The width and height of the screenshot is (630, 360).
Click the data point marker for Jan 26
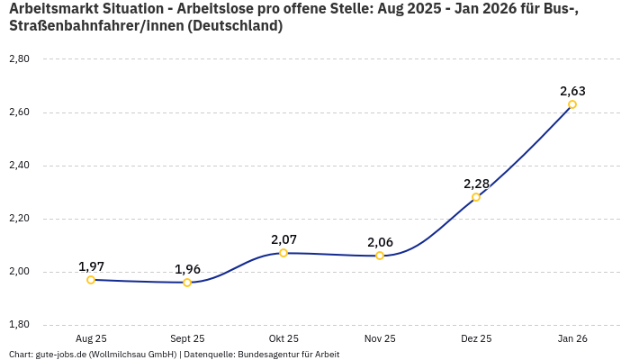pos(572,104)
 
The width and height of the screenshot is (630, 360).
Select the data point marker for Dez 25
pos(476,197)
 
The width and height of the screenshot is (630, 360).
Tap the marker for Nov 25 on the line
pos(380,256)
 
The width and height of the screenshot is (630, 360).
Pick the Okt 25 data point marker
pos(283,253)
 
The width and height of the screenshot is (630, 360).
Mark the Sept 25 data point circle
pos(187,283)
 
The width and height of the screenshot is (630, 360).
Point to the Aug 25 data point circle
pos(91,280)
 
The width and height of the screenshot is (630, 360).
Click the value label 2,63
pos(572,91)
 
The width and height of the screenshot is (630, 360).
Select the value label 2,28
pos(476,184)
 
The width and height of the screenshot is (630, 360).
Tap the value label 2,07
pos(283,239)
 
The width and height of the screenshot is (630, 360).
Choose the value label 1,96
pos(187,269)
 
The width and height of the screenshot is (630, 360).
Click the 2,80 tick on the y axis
pos(19,59)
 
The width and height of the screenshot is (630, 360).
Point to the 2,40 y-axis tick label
pos(19,166)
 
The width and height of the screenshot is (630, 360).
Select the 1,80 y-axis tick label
pos(19,325)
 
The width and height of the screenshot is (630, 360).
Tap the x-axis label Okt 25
pos(283,338)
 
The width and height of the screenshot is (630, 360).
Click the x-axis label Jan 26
pos(572,338)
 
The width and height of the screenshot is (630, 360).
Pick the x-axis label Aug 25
pos(91,338)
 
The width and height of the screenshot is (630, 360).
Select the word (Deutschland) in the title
pos(238,26)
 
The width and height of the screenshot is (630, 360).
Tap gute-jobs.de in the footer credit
pos(62,354)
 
